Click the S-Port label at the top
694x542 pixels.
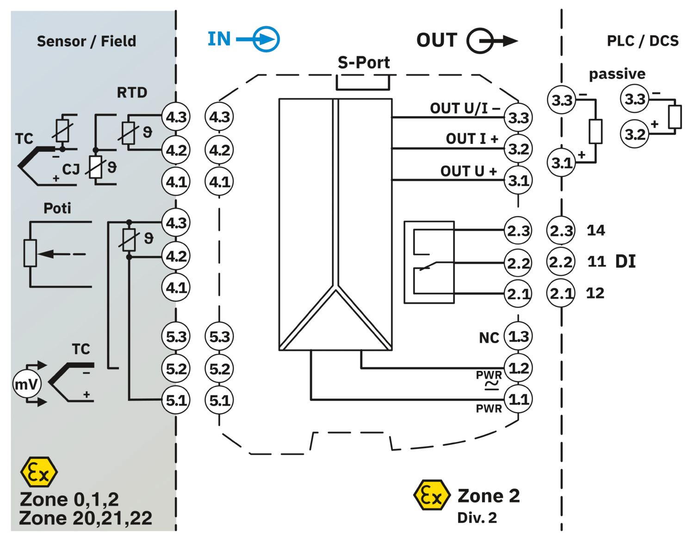pyautogui.click(x=364, y=62)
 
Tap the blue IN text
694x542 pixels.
pyautogui.click(x=219, y=39)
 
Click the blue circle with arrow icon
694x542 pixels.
pyautogui.click(x=266, y=39)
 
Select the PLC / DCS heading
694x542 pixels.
pyautogui.click(x=643, y=41)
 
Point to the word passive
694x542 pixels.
pyautogui.click(x=617, y=74)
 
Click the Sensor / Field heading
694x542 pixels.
pyautogui.click(x=86, y=41)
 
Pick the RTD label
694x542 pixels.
pyautogui.click(x=132, y=92)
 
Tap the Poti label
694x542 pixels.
pyautogui.click(x=57, y=208)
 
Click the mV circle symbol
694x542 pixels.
pyautogui.click(x=26, y=384)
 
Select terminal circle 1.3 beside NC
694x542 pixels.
pyautogui.click(x=518, y=336)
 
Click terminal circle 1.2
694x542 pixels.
pyautogui.click(x=518, y=368)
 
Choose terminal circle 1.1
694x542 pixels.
pyautogui.click(x=518, y=399)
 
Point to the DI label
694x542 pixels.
pyautogui.click(x=626, y=261)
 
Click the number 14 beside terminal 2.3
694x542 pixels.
pyautogui.click(x=596, y=230)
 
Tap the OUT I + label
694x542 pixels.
pyautogui.click(x=472, y=139)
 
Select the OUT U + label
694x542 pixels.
pyautogui.click(x=469, y=171)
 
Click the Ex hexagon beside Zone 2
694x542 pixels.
pyautogui.click(x=432, y=495)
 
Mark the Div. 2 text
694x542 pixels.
pyautogui.click(x=477, y=518)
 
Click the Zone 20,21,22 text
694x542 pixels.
pyautogui.click(x=85, y=518)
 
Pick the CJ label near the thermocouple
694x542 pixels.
pyautogui.click(x=71, y=169)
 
